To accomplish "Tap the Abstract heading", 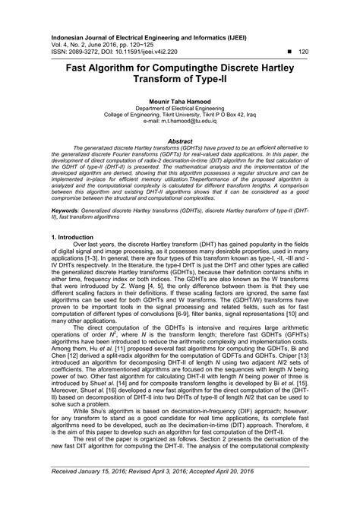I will pos(180,141).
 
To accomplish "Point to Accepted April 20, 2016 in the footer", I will pos(264,493).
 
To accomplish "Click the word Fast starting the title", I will pos(71,66).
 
